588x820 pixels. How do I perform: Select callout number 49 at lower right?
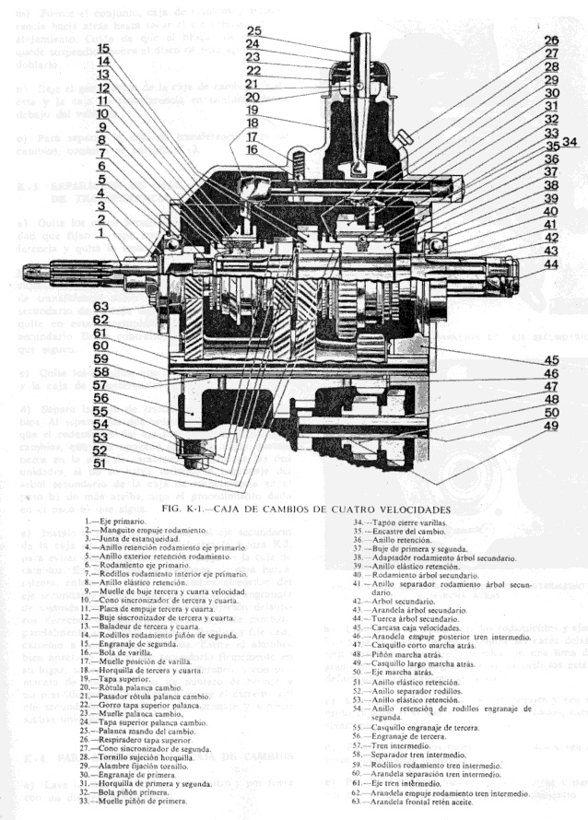coord(549,426)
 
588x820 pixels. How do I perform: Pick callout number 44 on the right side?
coord(550,264)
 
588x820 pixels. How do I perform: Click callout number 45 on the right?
coord(550,360)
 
